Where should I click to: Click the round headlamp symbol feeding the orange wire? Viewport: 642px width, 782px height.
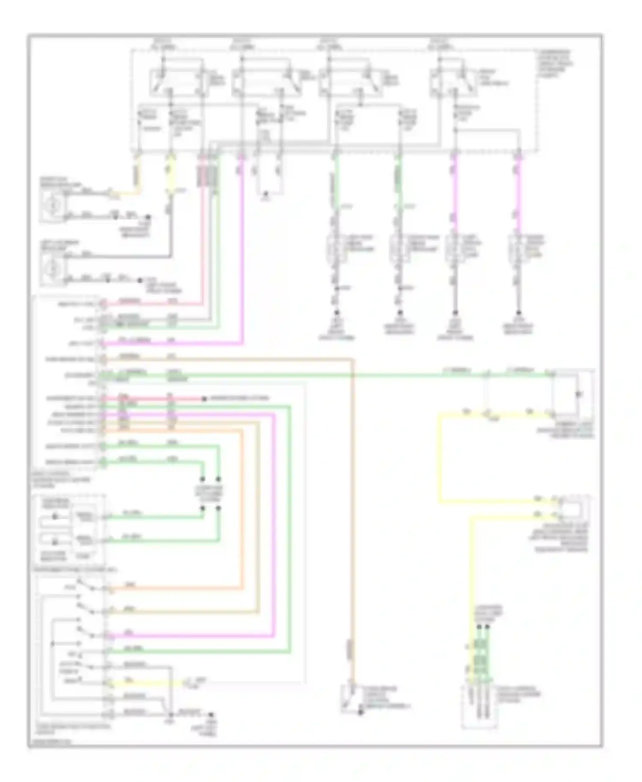coord(53,205)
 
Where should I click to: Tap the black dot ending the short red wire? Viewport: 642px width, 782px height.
coord(205,399)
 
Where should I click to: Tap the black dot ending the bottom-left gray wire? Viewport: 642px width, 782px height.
coord(210,715)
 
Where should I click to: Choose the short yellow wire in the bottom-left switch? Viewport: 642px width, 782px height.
coord(146,683)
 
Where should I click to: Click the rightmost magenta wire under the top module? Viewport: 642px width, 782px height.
coord(518,193)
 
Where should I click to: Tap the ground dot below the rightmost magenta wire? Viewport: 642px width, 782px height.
coord(518,313)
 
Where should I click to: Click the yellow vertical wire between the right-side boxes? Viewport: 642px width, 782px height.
coord(440,458)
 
